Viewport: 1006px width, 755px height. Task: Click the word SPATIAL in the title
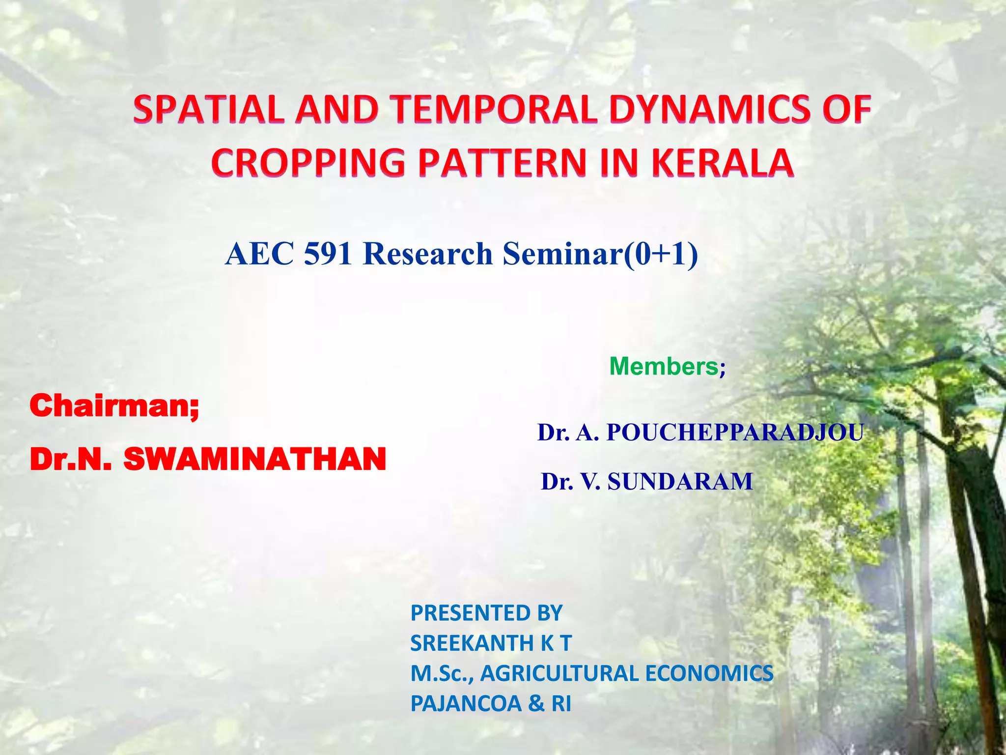click(209, 109)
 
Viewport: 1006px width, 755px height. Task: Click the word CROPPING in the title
click(308, 163)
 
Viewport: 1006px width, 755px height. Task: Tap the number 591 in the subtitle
click(328, 254)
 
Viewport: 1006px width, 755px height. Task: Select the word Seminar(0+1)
click(600, 254)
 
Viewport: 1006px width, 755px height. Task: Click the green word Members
click(664, 367)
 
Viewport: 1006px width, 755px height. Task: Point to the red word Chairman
click(111, 406)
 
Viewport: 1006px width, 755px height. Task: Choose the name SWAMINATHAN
click(254, 459)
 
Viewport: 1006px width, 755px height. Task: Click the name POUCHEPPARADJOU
click(735, 433)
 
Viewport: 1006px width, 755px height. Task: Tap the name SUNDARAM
click(680, 481)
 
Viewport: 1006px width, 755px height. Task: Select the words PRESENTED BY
click(486, 613)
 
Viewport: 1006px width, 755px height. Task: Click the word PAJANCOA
click(466, 704)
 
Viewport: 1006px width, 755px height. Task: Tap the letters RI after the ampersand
click(561, 704)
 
